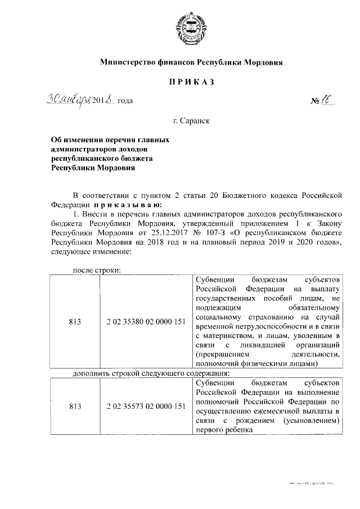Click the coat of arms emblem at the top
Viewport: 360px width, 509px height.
tap(192, 26)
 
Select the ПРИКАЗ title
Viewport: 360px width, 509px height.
tap(192, 82)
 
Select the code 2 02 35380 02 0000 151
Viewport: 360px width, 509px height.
tap(146, 322)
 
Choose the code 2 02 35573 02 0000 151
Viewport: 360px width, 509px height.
tap(146, 407)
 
